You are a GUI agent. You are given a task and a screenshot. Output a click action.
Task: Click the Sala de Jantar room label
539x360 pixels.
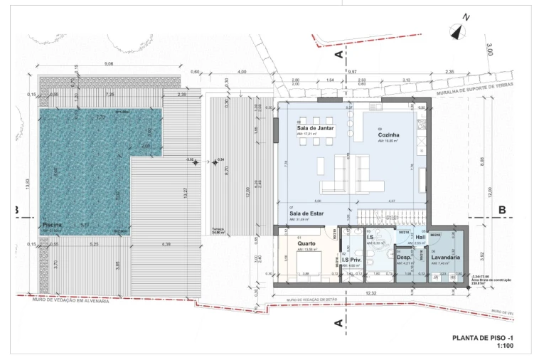pos(314,128)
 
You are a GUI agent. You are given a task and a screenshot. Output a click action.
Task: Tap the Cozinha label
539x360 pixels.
pos(388,134)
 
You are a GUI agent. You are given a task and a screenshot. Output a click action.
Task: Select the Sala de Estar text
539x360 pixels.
pos(306,213)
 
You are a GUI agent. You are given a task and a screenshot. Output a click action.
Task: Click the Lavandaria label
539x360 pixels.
pos(445,257)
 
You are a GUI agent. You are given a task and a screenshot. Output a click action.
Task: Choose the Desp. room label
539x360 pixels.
pos(403,257)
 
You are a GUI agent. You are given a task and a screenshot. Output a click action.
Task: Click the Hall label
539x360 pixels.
pos(420,237)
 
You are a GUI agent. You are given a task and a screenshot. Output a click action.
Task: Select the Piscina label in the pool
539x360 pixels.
pos(53,224)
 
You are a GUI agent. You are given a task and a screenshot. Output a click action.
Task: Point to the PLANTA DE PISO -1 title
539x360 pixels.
pos(483,337)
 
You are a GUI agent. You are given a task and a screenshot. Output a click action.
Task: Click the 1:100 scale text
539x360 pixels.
pos(505,346)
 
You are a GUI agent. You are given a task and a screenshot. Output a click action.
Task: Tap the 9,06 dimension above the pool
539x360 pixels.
pos(109,64)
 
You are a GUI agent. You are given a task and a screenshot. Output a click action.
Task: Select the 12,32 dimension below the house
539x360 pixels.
pos(371,293)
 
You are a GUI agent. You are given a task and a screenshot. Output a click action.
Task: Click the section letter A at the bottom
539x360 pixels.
pos(338,323)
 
